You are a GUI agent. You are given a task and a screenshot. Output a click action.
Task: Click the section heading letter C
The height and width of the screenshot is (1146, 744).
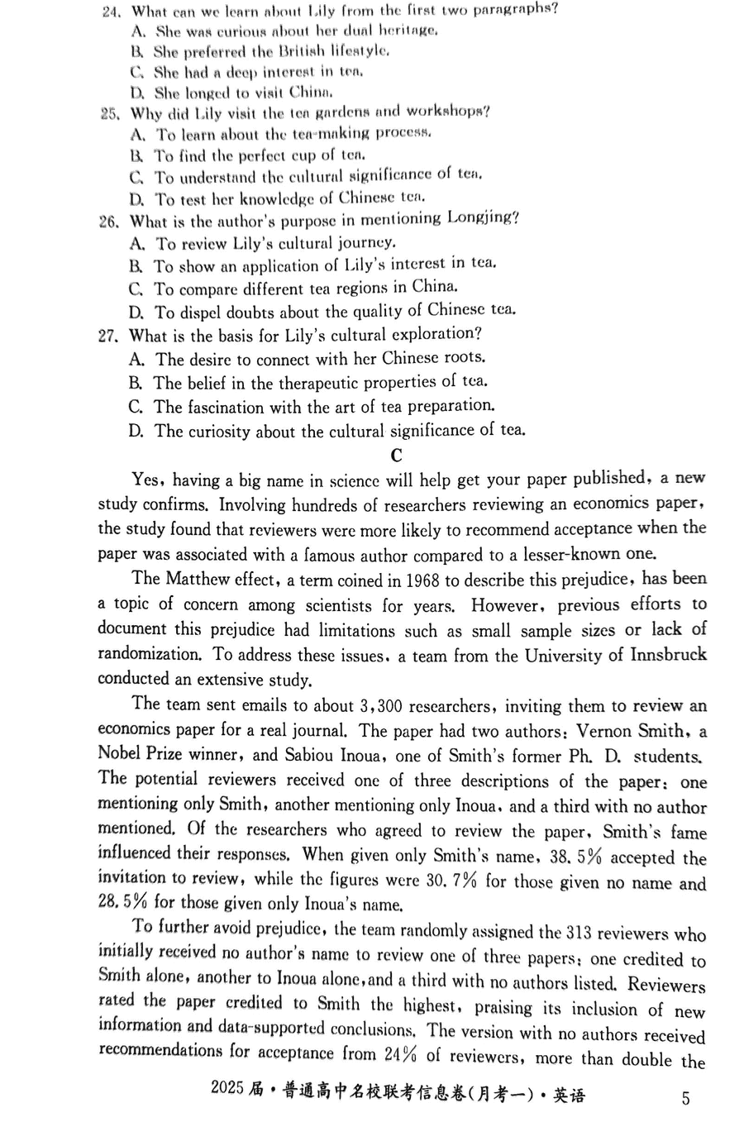(x=397, y=456)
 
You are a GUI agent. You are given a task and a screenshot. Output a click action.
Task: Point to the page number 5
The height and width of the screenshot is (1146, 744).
(x=685, y=1099)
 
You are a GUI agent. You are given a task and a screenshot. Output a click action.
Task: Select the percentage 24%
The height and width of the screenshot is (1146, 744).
(x=402, y=1054)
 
